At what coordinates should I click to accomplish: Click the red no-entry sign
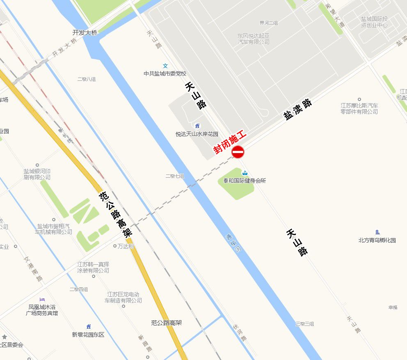[x=238, y=152]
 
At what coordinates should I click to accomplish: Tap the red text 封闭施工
[x=229, y=142]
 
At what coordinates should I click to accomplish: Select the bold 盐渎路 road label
[x=298, y=110]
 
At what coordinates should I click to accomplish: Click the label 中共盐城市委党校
[x=165, y=74]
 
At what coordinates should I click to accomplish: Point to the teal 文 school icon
[x=165, y=66]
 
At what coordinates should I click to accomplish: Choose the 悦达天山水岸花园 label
[x=197, y=134]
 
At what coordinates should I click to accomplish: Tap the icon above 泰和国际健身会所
[x=245, y=173]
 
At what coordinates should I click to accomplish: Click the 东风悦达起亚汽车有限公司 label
[x=254, y=39]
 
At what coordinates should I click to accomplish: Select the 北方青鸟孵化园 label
[x=377, y=240]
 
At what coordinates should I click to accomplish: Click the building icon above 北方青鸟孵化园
[x=377, y=232]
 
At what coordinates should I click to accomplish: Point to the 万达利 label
[x=126, y=246]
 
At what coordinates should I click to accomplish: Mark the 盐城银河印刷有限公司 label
[x=37, y=174]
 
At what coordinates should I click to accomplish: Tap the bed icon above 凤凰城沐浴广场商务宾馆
[x=42, y=299]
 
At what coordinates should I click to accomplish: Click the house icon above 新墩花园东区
[x=88, y=326]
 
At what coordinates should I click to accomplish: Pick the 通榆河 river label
[x=233, y=243]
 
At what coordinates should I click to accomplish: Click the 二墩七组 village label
[x=175, y=176]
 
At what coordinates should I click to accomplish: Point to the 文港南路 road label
[x=33, y=269]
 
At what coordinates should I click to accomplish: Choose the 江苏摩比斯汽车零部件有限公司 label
[x=359, y=108]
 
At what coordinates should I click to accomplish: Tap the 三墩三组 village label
[x=305, y=324]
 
